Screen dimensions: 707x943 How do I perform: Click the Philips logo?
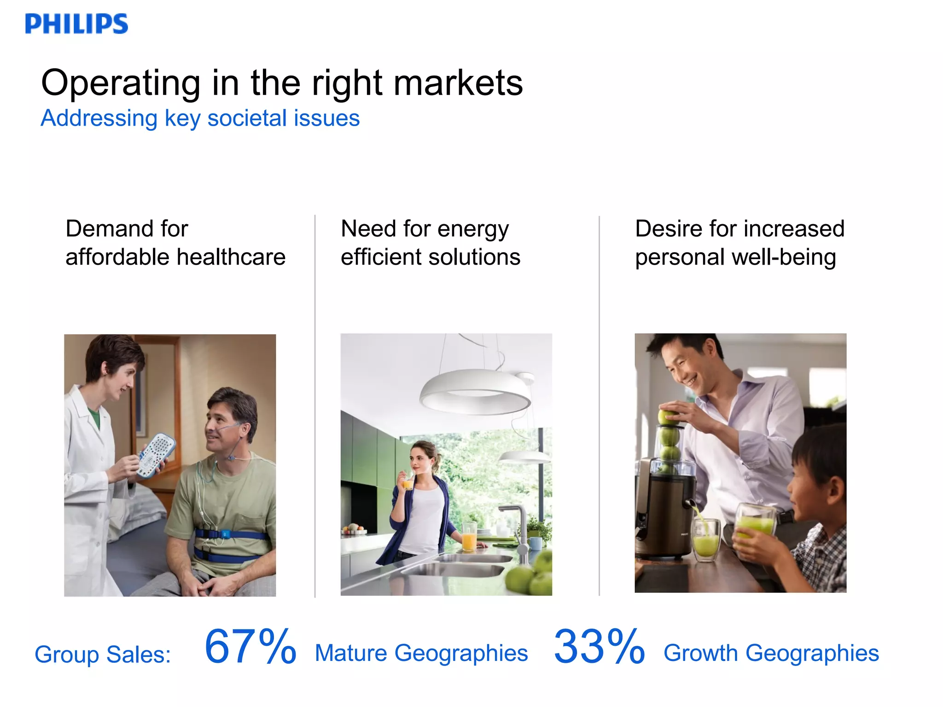[x=76, y=24]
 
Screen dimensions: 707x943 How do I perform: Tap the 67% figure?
[x=250, y=647]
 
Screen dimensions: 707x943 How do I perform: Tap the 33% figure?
[x=599, y=647]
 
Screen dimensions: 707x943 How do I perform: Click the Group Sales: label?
[x=103, y=654]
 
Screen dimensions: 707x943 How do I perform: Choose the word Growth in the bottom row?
[x=700, y=653]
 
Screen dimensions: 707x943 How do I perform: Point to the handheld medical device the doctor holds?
[x=157, y=453]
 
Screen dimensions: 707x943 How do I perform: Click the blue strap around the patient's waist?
[x=230, y=536]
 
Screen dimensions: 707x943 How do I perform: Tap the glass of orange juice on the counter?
[x=469, y=536]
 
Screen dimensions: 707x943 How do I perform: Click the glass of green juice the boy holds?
[x=755, y=525]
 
